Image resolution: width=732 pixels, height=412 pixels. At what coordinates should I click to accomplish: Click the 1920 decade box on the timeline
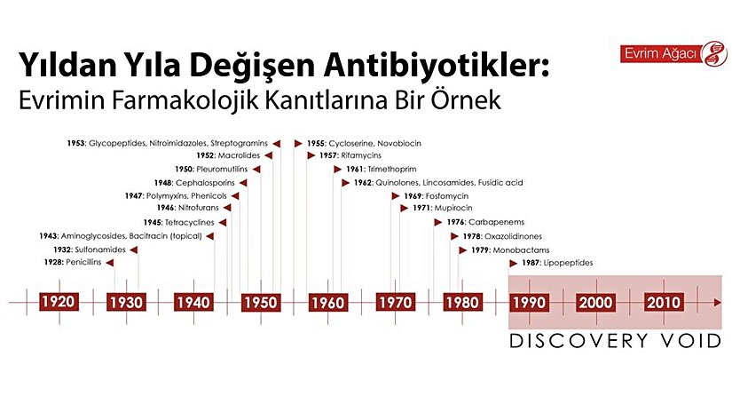point(58,302)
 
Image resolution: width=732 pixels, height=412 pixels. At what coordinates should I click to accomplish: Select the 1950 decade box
point(260,302)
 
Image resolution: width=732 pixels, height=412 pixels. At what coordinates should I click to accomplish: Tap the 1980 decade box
point(461,302)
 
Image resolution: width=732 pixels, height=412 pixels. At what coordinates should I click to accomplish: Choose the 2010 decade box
point(664,302)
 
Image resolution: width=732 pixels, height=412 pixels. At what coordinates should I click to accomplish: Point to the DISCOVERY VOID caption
point(615,341)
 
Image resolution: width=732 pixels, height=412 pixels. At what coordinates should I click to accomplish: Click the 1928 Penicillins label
point(75,263)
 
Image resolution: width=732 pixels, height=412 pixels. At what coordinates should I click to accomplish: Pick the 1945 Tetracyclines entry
point(173,222)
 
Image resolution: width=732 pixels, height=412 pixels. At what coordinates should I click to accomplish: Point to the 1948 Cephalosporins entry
point(201,182)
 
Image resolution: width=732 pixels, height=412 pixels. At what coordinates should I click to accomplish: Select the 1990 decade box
point(530,302)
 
